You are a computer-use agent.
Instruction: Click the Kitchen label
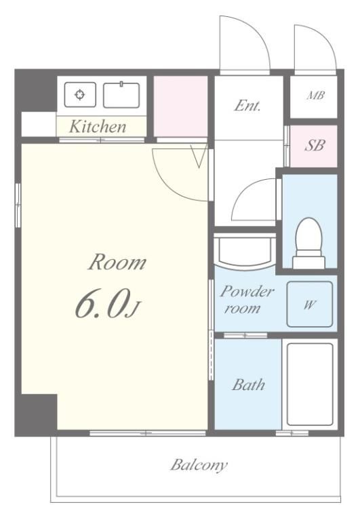tap(98, 127)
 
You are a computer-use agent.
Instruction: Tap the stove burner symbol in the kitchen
tap(80, 95)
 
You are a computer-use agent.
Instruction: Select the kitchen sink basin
tap(121, 95)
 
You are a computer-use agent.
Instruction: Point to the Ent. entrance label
tap(247, 106)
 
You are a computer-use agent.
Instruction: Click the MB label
tap(315, 96)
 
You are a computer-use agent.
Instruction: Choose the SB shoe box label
tap(314, 146)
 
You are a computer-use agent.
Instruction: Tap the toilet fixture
tap(308, 243)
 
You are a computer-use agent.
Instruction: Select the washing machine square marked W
tap(310, 305)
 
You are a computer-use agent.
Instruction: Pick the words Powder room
tap(247, 300)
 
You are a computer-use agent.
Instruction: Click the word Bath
tap(248, 385)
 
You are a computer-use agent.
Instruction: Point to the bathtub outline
tap(310, 385)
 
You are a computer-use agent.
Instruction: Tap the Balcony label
tap(199, 465)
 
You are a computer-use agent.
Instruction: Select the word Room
tap(117, 262)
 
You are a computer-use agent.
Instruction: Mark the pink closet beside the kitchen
tap(180, 107)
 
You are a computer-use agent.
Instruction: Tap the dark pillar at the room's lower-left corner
tap(36, 414)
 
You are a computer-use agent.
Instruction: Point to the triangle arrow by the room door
tap(199, 156)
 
